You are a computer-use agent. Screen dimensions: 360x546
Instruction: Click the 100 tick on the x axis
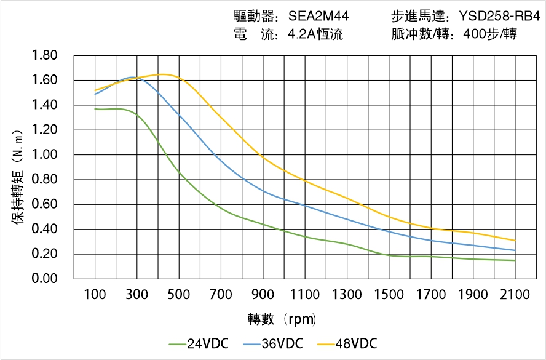[95, 295]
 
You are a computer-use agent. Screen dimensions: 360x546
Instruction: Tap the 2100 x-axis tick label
[515, 295]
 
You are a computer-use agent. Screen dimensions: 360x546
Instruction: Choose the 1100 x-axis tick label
[305, 295]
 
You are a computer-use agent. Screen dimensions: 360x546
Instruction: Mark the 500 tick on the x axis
[179, 295]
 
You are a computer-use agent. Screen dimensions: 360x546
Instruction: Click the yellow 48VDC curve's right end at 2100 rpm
[515, 241]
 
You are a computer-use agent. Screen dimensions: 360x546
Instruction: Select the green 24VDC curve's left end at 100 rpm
[95, 109]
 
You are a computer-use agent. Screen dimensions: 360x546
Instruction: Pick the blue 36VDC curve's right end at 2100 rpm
[515, 250]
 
